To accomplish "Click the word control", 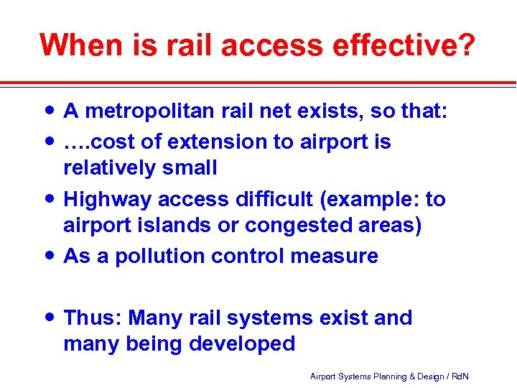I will click(251, 256).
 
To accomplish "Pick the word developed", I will click(242, 343).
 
